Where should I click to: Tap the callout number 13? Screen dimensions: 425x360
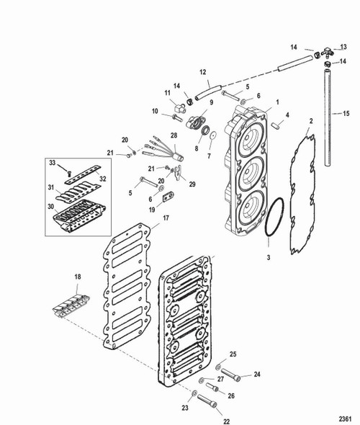pyautogui.click(x=343, y=47)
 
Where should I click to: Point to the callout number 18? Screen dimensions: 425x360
pyautogui.click(x=78, y=276)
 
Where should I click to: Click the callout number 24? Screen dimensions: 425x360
pyautogui.click(x=256, y=373)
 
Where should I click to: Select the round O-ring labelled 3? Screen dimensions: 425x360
pyautogui.click(x=272, y=218)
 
